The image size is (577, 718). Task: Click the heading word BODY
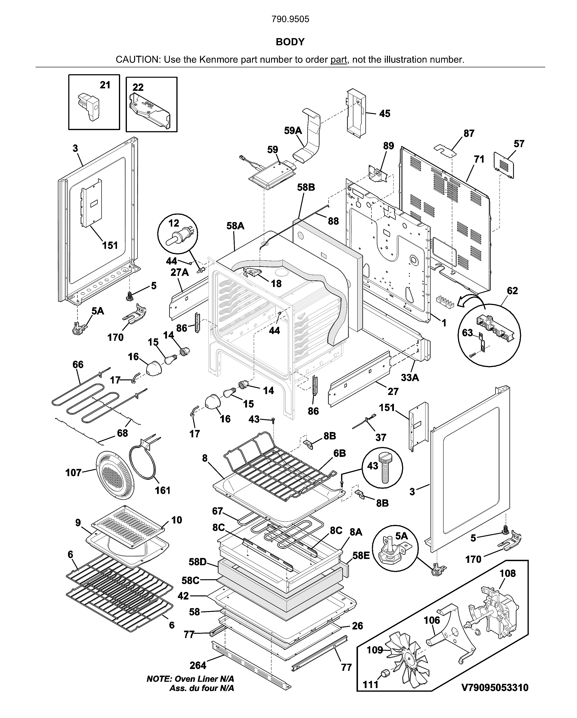coord(290,42)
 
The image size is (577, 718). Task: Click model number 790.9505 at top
coord(290,19)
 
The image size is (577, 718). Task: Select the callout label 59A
coord(293,131)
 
